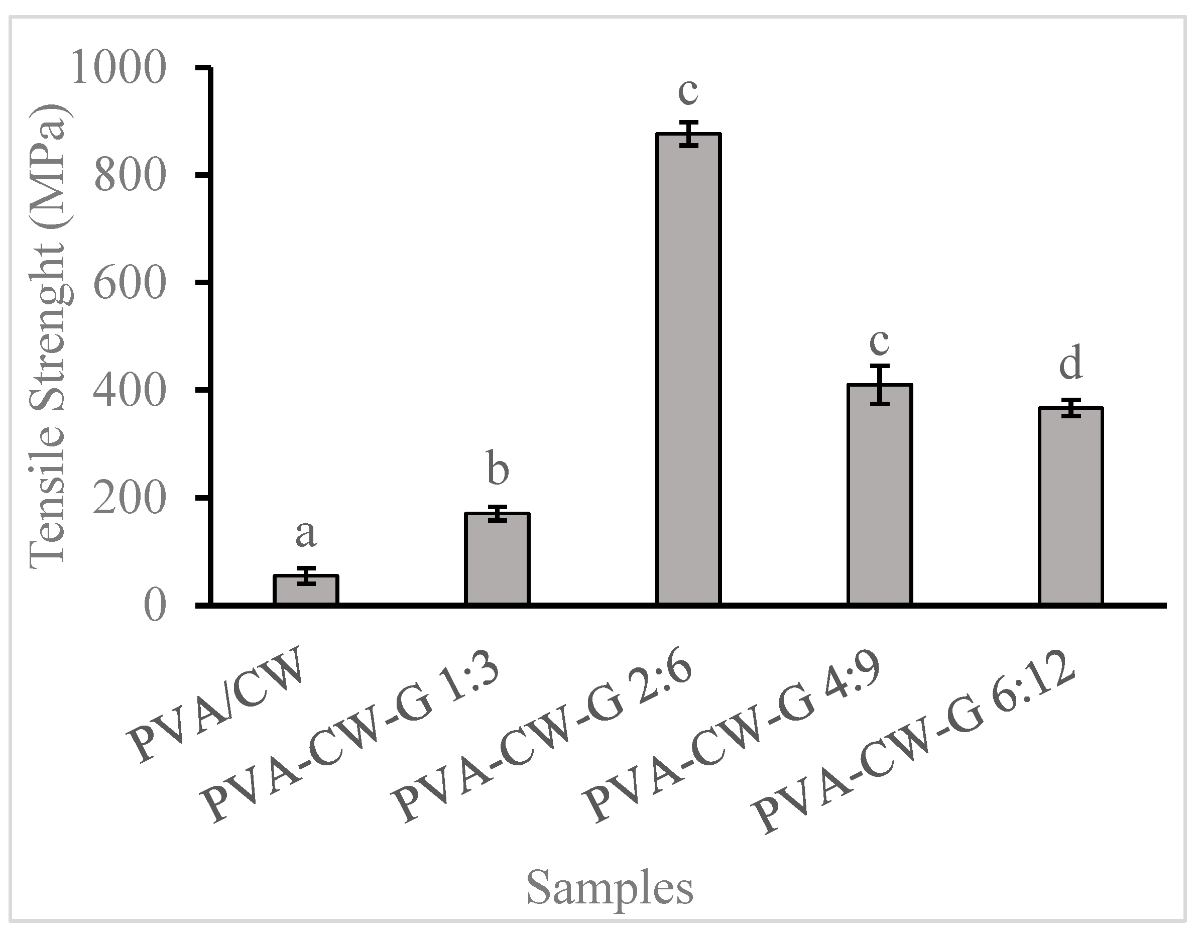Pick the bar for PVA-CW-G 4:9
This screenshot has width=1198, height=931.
click(879, 494)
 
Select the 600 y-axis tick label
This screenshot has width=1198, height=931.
click(130, 284)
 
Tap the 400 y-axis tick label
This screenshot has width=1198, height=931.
click(130, 391)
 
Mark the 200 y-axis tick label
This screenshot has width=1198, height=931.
click(130, 499)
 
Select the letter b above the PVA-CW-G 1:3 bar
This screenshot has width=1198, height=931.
click(498, 470)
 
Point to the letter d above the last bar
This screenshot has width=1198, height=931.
click(1070, 363)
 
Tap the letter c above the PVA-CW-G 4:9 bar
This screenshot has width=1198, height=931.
click(879, 342)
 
